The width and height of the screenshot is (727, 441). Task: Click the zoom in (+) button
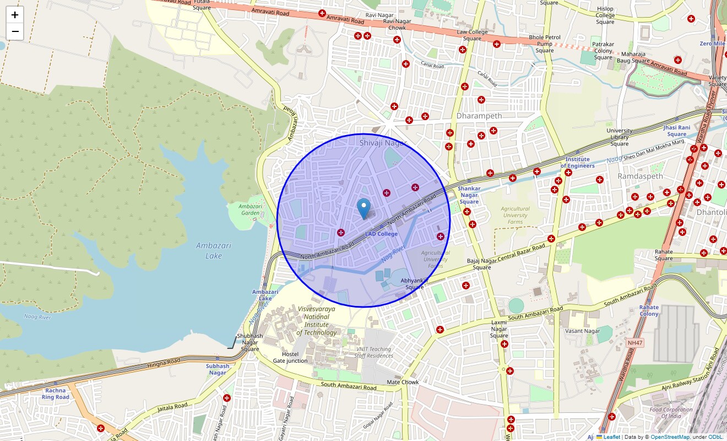coord(15,15)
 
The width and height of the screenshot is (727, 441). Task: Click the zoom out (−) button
coord(15,31)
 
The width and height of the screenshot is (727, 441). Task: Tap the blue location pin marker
coord(363,208)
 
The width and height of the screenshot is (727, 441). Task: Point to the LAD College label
coord(381,234)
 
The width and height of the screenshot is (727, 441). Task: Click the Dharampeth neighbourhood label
coord(479,116)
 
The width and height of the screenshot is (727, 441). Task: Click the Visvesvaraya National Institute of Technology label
coord(317,321)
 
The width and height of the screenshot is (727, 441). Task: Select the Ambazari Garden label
coord(250,209)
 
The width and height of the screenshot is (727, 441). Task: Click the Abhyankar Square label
coord(415,283)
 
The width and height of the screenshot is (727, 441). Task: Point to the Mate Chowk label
coord(403,382)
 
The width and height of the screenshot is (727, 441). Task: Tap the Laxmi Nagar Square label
coord(499,329)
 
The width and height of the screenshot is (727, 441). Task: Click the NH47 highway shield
coord(634,343)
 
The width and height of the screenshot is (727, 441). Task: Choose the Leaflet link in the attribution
coord(611,437)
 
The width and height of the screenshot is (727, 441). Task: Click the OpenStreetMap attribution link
coord(670,437)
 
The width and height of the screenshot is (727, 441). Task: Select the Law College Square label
coord(472,35)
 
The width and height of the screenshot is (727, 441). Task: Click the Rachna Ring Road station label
coord(56,394)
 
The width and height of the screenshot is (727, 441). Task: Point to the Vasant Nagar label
coord(582,331)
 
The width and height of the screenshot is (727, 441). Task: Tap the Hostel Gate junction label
coord(290,357)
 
